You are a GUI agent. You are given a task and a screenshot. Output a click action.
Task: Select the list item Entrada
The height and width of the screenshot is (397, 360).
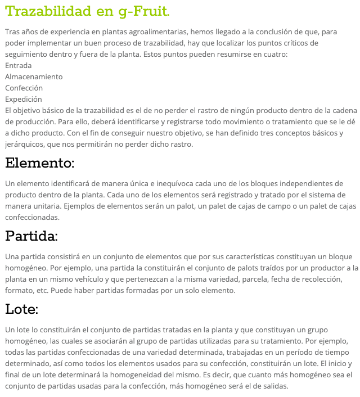click(19, 65)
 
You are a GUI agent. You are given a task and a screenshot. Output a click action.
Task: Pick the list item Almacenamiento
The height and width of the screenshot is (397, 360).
click(34, 76)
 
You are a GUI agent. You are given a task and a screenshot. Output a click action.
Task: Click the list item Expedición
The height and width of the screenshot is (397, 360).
click(24, 99)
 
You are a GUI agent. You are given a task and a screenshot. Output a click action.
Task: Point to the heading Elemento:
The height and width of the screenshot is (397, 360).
click(40, 164)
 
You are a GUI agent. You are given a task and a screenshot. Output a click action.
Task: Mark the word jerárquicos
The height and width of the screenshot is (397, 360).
click(25, 144)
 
